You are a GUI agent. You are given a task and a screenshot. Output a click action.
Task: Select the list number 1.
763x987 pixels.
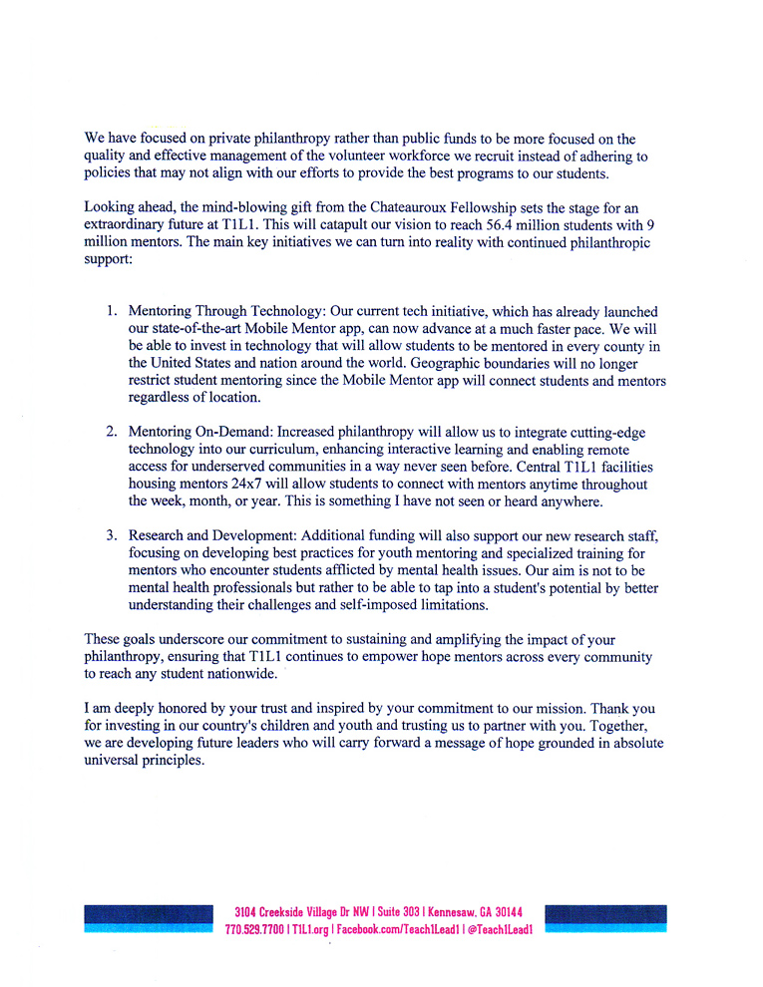click(x=113, y=312)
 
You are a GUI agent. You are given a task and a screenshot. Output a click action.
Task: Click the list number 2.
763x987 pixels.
click(x=113, y=432)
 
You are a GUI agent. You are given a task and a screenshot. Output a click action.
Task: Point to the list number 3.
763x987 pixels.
click(x=113, y=535)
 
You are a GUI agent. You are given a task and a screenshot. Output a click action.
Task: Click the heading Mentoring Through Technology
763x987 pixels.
click(x=229, y=312)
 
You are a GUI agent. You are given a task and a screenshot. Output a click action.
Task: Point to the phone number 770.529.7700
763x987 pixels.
click(x=254, y=929)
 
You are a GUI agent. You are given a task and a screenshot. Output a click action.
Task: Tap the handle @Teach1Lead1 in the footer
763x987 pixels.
click(x=500, y=929)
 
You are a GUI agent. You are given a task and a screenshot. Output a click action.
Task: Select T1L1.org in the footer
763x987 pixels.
click(x=308, y=929)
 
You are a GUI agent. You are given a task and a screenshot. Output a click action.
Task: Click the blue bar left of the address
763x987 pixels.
click(x=149, y=918)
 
